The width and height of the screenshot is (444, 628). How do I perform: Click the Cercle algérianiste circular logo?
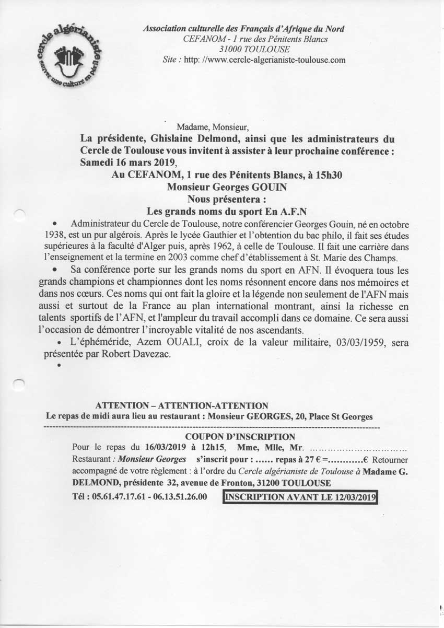coord(69,57)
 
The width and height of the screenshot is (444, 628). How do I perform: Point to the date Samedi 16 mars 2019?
coord(125,162)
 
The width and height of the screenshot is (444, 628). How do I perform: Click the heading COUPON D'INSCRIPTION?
coord(240,437)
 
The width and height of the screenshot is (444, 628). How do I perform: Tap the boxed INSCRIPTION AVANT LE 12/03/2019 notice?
coord(300,497)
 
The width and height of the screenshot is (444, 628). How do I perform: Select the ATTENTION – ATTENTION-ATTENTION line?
coord(182,405)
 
